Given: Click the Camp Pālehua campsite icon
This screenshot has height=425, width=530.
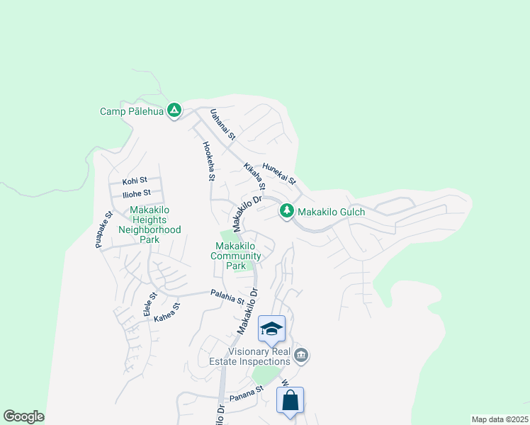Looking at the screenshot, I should pyautogui.click(x=174, y=110).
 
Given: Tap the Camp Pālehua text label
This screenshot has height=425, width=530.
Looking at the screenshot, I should pyautogui.click(x=132, y=111).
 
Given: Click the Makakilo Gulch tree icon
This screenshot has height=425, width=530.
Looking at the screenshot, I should pyautogui.click(x=287, y=210).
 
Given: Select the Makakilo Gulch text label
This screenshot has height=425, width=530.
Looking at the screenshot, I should pyautogui.click(x=331, y=212).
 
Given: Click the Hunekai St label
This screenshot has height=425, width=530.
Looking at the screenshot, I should pyautogui.click(x=278, y=174).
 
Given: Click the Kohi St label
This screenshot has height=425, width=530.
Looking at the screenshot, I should pyautogui.click(x=134, y=181).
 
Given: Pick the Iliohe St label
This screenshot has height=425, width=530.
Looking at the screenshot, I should pyautogui.click(x=136, y=193).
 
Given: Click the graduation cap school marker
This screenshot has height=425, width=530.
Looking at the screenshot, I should pyautogui.click(x=271, y=329).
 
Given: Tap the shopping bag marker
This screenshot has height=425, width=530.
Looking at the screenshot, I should pyautogui.click(x=291, y=401).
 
